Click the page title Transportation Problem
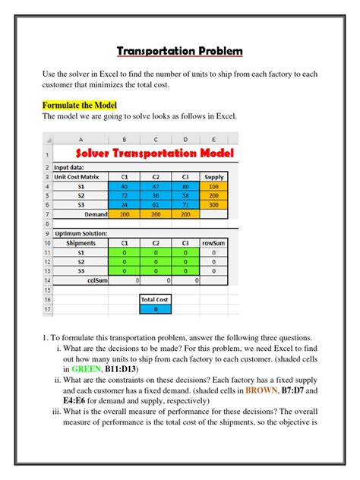tap(180, 52)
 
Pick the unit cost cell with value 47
tap(156, 185)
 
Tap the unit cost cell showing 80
tap(185, 185)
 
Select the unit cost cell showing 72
tap(124, 195)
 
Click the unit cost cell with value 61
tap(156, 205)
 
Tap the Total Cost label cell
tap(156, 299)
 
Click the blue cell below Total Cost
tap(156, 309)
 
